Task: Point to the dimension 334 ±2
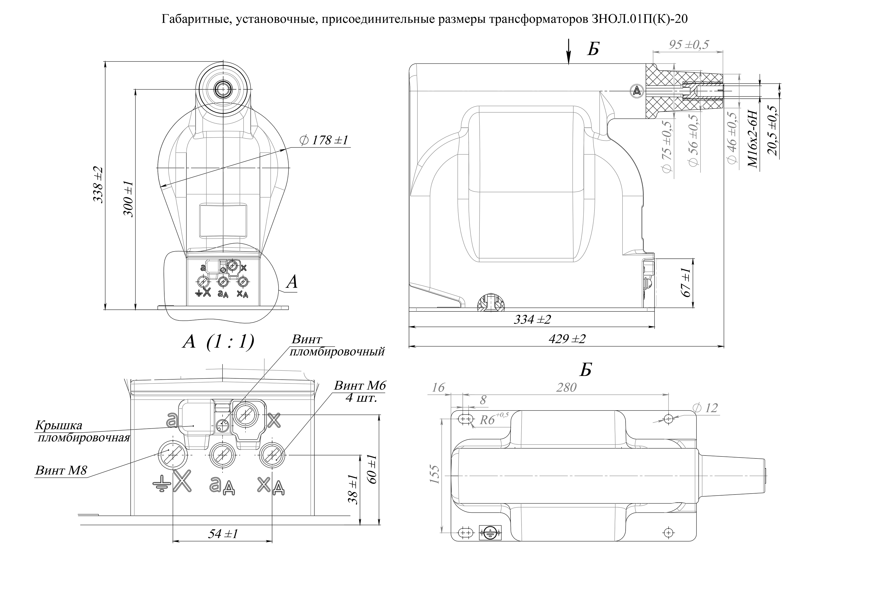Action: (x=532, y=320)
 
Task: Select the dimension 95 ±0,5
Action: (x=688, y=45)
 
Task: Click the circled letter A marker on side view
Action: (x=636, y=90)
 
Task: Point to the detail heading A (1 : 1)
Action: (x=218, y=342)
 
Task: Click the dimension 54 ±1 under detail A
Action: (x=223, y=534)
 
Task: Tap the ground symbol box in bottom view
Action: (x=490, y=532)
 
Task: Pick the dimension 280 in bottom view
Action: (x=566, y=387)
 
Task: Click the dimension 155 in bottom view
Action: (x=435, y=475)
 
